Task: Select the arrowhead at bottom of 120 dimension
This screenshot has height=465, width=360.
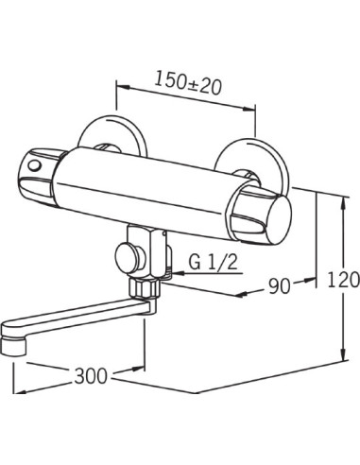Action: [x=341, y=362]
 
